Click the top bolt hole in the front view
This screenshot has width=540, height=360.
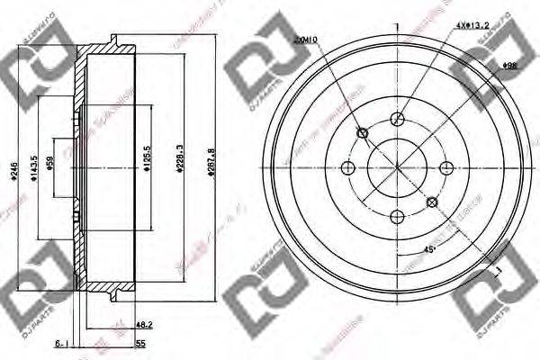(x=397, y=119)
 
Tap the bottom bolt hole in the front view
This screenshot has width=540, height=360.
(x=397, y=214)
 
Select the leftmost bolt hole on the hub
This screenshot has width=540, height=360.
(x=349, y=166)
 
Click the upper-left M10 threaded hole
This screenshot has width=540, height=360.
(x=363, y=134)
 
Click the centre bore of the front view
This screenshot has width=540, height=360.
(x=397, y=166)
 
